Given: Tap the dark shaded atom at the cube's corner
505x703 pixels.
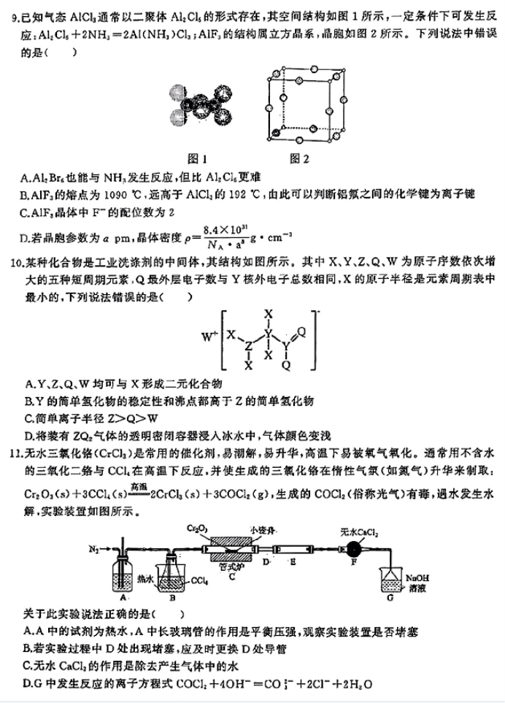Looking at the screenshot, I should (x=276, y=133).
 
